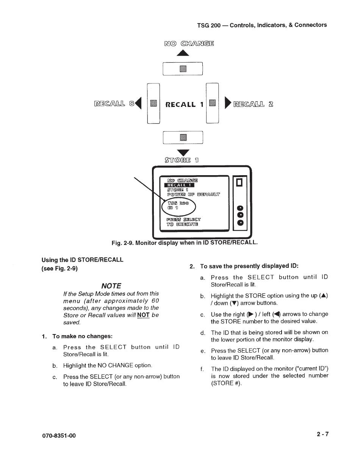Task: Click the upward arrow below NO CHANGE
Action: click(x=183, y=53)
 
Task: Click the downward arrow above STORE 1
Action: click(x=183, y=152)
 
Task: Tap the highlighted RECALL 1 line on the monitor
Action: click(x=180, y=185)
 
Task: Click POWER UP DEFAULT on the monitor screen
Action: click(x=193, y=195)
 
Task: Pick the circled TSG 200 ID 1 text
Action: click(x=178, y=206)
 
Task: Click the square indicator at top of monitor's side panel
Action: click(x=239, y=183)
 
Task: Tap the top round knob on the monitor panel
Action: click(x=239, y=208)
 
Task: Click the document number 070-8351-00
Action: click(x=59, y=436)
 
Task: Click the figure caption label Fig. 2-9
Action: click(x=122, y=242)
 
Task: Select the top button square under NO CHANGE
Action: click(x=183, y=69)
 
